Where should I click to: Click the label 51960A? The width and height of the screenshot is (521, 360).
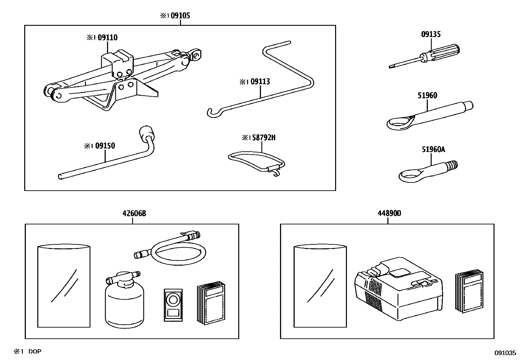[433, 149]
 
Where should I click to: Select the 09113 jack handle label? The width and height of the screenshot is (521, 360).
[260, 82]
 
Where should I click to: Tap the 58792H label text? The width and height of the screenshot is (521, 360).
[263, 138]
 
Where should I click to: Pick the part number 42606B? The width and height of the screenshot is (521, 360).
[134, 214]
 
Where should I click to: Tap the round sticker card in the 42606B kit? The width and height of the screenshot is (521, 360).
[173, 304]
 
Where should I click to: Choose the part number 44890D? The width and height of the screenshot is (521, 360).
[389, 214]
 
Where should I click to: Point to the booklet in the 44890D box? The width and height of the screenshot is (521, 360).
[469, 291]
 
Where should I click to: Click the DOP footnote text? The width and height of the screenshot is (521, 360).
[35, 351]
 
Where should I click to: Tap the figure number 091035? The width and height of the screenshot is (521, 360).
[505, 353]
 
